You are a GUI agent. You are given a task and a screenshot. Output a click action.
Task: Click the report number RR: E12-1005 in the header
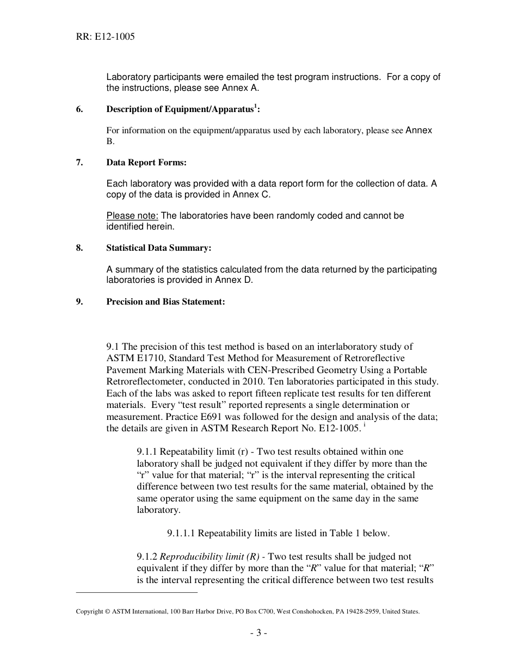click(x=105, y=37)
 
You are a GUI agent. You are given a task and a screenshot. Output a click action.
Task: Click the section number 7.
click(x=79, y=163)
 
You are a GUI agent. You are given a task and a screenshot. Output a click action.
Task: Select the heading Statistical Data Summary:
click(x=158, y=248)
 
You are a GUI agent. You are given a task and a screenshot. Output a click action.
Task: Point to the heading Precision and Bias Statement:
click(x=165, y=302)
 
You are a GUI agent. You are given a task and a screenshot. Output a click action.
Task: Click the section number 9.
click(x=79, y=302)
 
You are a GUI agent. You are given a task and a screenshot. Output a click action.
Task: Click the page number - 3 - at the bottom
click(x=258, y=633)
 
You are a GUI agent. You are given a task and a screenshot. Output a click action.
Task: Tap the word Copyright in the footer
click(x=89, y=611)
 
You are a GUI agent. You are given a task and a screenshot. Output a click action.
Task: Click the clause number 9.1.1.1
click(x=181, y=534)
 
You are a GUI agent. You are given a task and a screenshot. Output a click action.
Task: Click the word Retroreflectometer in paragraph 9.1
click(x=146, y=382)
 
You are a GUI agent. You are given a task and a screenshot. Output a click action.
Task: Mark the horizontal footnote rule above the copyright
click(x=137, y=592)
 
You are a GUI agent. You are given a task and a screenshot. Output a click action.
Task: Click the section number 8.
click(x=79, y=248)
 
